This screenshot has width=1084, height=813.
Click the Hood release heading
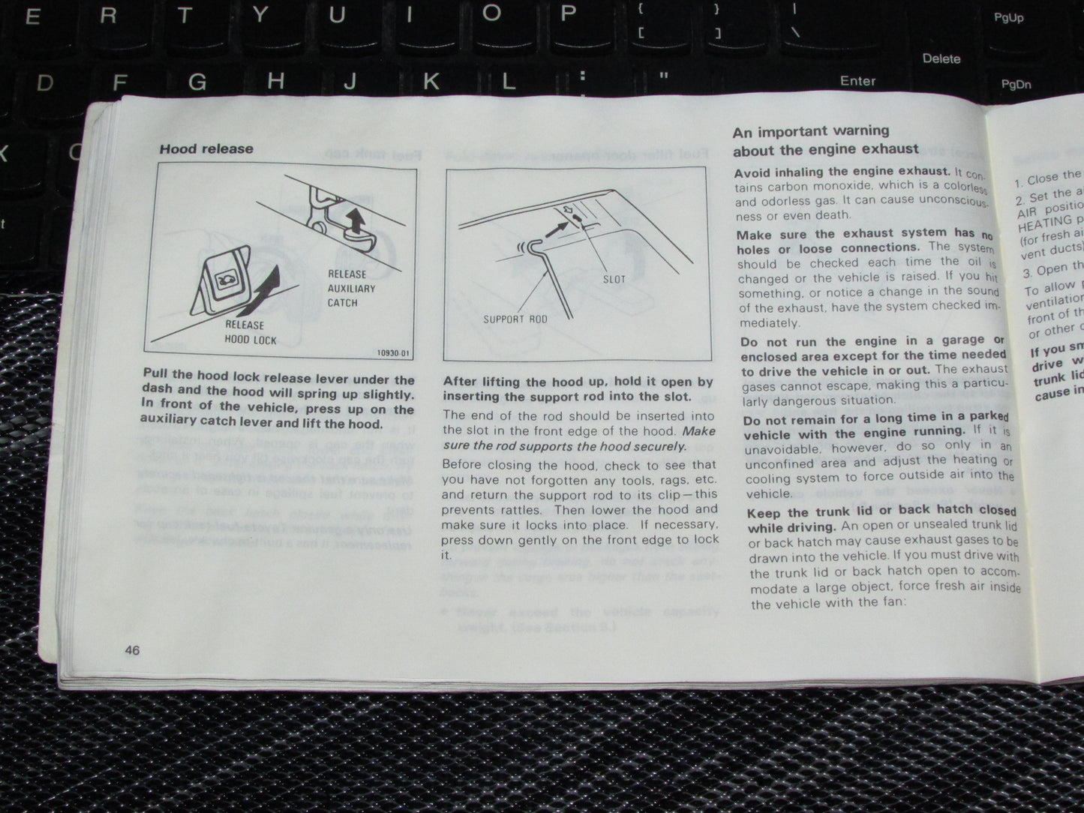tap(206, 148)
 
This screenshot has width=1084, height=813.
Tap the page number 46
tap(132, 650)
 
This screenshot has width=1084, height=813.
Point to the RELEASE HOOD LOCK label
tap(251, 332)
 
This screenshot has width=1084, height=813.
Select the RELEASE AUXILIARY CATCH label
tap(351, 288)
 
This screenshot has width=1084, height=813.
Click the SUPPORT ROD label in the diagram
tap(515, 319)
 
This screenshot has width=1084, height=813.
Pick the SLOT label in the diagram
tap(614, 279)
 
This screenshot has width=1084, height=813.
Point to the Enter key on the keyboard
tap(857, 81)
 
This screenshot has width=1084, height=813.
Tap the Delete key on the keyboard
tap(941, 58)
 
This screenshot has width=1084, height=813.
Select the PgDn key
tap(1016, 84)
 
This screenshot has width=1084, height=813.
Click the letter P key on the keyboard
tap(568, 13)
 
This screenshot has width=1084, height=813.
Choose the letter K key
tap(431, 81)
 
